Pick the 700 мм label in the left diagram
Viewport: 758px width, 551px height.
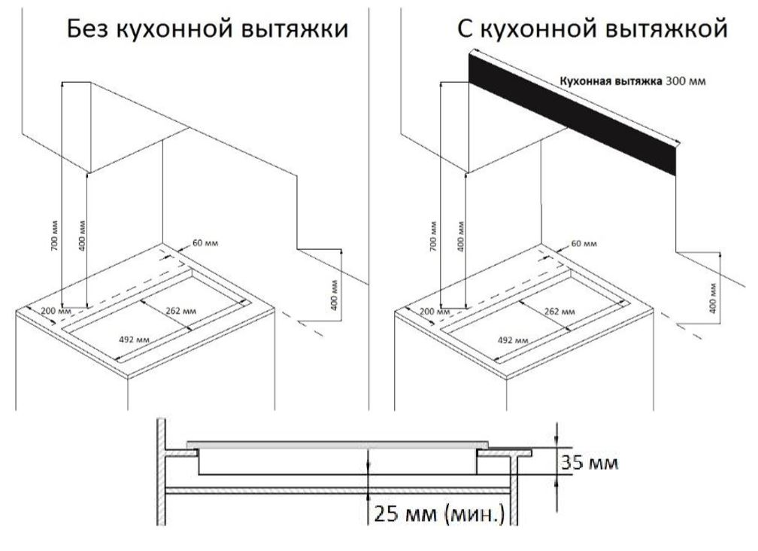pos(53,239)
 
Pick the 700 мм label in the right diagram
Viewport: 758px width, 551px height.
pos(432,239)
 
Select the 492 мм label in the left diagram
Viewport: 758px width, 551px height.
pos(134,339)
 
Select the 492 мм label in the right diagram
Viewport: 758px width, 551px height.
pos(512,339)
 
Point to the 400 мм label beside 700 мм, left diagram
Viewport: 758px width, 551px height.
pos(80,239)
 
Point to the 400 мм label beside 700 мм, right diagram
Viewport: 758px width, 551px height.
pos(459,239)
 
